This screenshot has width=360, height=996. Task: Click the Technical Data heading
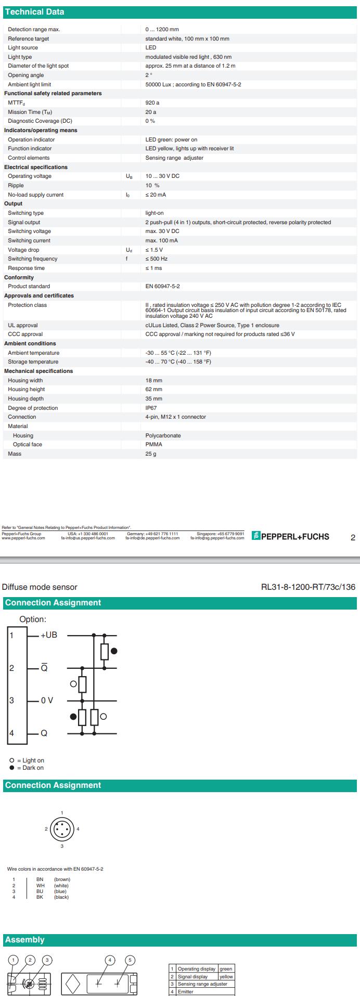34,12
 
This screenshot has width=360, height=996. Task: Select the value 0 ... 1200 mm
162,30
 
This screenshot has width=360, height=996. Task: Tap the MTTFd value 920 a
152,103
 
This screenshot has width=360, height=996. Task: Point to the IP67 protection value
151,408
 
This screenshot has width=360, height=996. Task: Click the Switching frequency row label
32,259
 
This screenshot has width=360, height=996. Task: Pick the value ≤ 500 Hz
156,259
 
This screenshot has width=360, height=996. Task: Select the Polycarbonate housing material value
163,435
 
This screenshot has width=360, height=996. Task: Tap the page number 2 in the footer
353,538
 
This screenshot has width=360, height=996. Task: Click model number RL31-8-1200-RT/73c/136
308,587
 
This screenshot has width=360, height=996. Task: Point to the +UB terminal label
49,635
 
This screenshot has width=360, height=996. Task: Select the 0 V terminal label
47,701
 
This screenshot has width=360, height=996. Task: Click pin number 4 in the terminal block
11,733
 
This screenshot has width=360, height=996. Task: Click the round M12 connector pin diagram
62,829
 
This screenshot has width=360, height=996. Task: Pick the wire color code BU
40,891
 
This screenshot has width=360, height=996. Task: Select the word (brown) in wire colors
62,879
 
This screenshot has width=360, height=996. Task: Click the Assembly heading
24,940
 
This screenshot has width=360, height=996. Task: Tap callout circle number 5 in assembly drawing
130,960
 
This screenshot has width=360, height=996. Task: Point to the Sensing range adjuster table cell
202,984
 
